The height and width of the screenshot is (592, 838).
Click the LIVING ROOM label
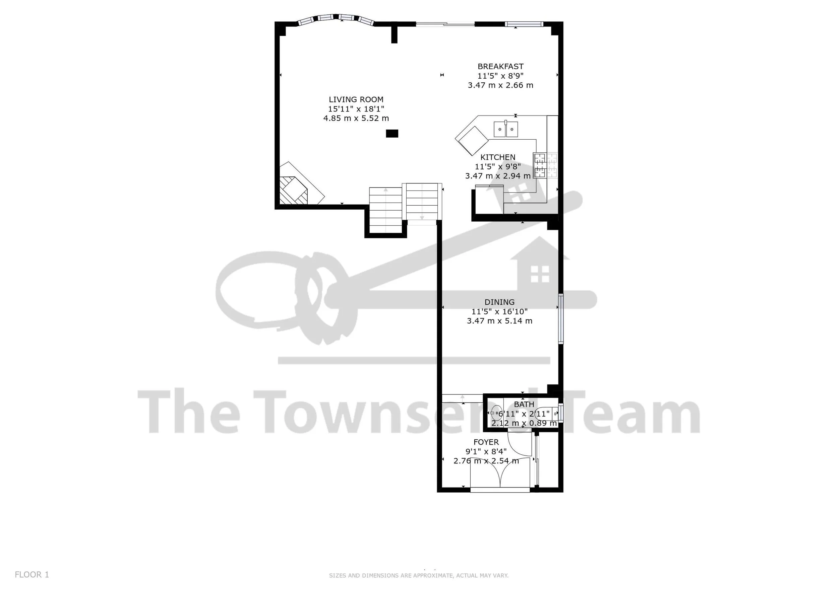pos(356,99)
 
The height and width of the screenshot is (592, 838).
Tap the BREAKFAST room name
pos(500,66)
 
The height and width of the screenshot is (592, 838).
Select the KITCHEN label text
pos(497,157)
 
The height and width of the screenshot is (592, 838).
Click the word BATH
pos(524,404)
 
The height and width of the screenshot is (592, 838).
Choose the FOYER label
pos(486,442)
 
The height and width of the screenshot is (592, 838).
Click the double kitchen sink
pos(505,129)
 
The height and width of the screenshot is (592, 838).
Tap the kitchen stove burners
pos(545,165)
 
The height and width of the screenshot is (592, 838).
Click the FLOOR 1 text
pos(32,575)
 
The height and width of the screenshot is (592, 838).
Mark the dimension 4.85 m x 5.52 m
pos(356,118)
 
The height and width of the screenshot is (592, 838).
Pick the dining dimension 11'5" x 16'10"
pos(499,311)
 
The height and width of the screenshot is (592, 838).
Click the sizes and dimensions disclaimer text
pos(419,576)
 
